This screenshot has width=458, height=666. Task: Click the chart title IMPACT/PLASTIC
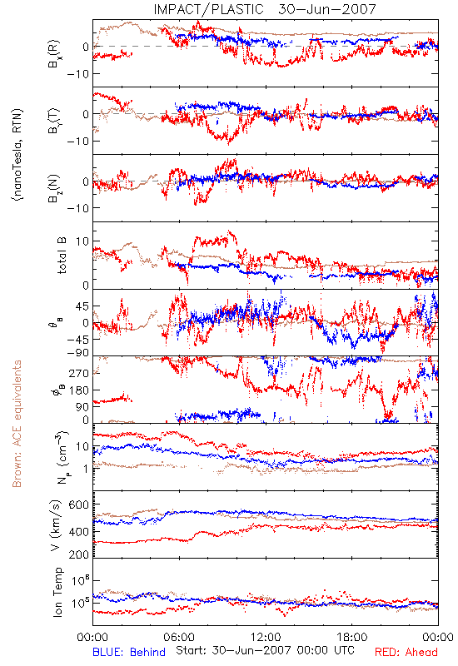208,9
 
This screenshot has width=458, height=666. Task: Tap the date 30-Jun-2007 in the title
326,9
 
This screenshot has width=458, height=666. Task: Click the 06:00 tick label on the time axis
179,637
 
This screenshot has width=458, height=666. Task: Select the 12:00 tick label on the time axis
266,637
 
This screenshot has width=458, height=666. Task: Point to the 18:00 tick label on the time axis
352,637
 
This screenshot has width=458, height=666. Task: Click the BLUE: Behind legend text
129,652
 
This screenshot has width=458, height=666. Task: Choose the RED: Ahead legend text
406,652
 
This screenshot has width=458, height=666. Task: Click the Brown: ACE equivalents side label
17,424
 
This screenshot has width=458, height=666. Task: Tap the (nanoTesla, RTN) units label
17,155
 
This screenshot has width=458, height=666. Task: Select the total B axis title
62,256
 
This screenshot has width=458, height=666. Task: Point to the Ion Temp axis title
57,592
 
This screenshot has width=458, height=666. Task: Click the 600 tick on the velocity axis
79,504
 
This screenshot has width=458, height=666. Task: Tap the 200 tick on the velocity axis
79,554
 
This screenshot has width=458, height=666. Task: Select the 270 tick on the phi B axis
79,373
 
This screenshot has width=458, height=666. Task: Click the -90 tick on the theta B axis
77,352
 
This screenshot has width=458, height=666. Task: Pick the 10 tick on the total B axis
82,241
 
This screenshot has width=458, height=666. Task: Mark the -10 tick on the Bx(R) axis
77,74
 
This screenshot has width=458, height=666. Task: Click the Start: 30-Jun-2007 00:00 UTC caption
266,650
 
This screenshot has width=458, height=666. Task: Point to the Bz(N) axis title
54,188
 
